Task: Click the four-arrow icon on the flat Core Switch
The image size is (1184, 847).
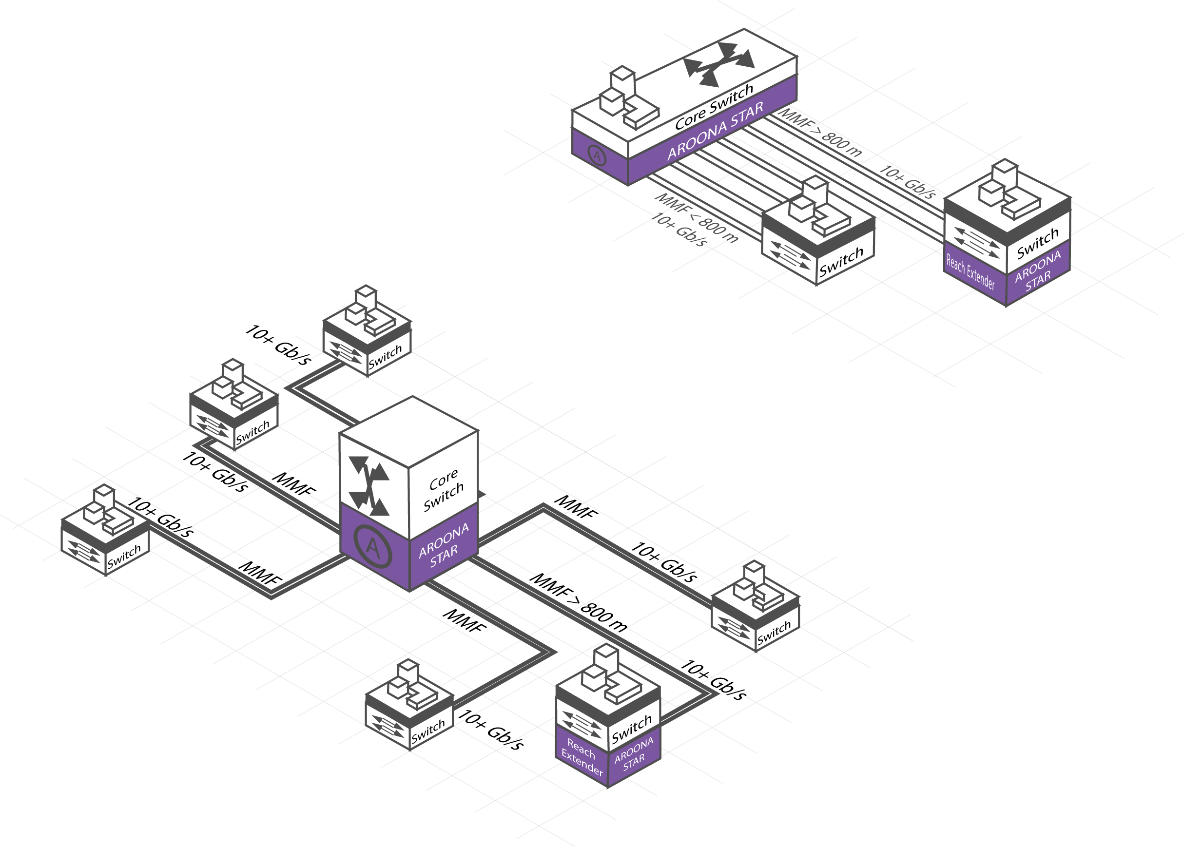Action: point(719,64)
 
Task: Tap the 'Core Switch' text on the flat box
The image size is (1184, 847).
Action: point(714,107)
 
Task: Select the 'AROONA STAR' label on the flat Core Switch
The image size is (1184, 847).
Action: point(715,131)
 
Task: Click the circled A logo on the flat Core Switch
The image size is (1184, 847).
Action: point(597,154)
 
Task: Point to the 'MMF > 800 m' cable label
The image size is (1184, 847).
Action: point(820,134)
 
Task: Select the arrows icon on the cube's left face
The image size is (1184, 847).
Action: point(370,485)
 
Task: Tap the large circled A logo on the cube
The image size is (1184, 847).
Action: point(372,546)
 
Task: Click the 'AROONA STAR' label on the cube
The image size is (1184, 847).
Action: point(444,545)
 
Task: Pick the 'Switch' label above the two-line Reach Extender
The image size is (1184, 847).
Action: point(632,728)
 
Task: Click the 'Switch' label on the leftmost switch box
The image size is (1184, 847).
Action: point(124,557)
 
